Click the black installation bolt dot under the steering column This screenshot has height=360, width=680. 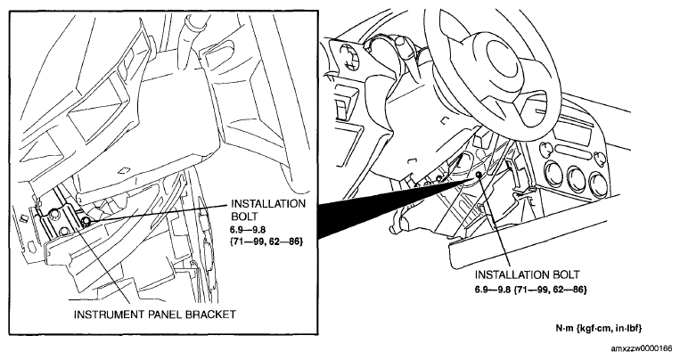tap(479, 175)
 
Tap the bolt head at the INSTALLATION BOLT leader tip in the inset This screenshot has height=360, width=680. tap(86, 222)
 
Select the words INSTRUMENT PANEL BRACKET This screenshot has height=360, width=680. tap(155, 314)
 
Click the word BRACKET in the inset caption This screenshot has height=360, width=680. tap(210, 314)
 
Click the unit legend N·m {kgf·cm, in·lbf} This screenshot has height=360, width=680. tap(599, 328)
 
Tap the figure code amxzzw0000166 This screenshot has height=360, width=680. tap(641, 348)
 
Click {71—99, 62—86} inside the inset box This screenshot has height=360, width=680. tap(266, 241)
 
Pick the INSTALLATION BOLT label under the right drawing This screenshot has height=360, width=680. tap(527, 274)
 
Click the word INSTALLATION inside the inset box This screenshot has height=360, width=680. tap(268, 203)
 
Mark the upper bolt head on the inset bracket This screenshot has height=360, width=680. tap(54, 213)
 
